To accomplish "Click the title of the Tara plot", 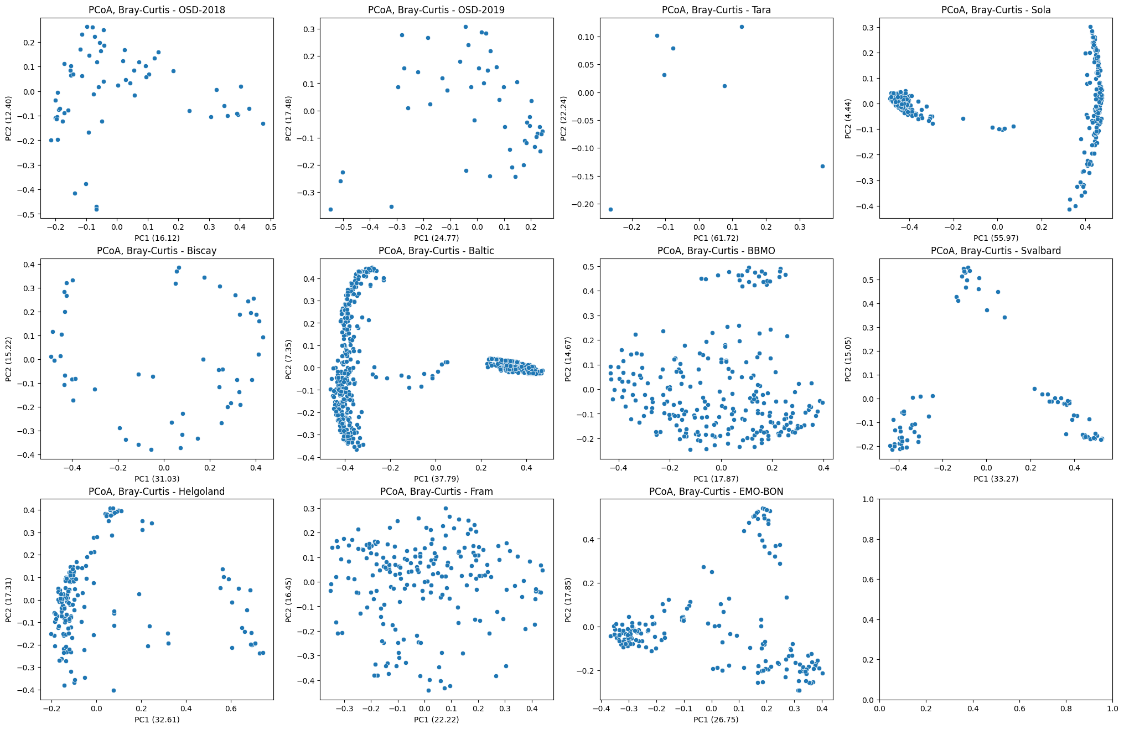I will point(716,10).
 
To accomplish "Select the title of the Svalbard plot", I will point(996,251).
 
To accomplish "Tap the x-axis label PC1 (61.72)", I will point(716,238).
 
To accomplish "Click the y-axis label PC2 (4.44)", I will point(848,118).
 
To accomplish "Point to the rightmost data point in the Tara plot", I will point(822,166).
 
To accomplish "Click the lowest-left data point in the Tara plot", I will point(610,209).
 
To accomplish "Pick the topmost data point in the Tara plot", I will point(742,27).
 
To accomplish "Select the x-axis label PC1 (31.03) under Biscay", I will point(157,479).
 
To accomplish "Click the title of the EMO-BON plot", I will point(716,492).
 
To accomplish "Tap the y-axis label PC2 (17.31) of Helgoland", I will point(9,600).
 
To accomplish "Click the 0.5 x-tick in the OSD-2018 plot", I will point(270,226).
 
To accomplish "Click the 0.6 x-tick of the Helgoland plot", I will point(231,708).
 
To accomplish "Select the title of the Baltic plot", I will point(436,251).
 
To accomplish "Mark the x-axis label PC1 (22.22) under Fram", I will point(436,720).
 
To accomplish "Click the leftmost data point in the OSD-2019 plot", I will point(330,209).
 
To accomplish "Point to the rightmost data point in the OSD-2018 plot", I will point(263,123).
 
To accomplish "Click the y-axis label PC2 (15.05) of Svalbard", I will point(848,359).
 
